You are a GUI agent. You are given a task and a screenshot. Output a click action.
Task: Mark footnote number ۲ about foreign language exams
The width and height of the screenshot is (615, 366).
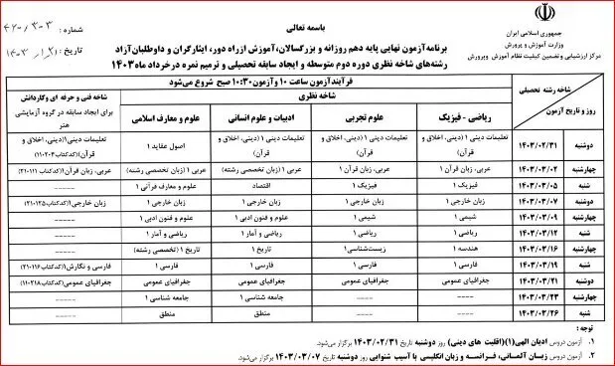click(x=592, y=352)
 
